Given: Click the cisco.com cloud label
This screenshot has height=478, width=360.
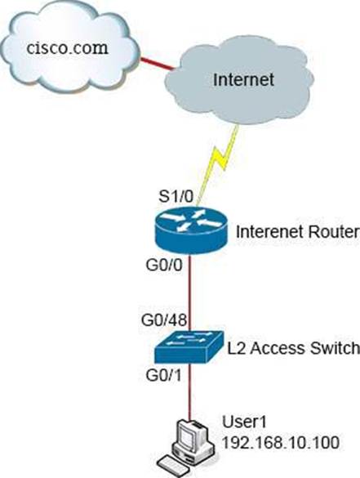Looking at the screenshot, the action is (67, 48).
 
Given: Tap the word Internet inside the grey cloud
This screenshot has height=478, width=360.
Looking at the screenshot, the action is (243, 79).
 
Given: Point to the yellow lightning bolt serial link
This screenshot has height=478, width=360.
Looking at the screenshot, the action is (219, 163).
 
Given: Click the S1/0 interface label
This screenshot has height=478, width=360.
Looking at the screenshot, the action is (176, 197).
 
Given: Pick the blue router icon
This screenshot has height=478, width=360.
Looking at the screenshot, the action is (191, 230).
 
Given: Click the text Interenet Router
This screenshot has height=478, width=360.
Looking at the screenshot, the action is (298, 232).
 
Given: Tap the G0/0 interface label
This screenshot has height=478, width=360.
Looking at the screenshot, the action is (164, 265).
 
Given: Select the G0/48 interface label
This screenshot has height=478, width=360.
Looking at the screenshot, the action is (164, 320).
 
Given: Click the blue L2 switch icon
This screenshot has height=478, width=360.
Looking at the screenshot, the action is (189, 347).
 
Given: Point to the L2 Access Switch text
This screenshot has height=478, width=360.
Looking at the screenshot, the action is (294, 348).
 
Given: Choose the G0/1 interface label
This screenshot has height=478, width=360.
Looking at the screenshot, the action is (163, 375).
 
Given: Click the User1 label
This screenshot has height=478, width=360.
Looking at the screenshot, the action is (245, 422).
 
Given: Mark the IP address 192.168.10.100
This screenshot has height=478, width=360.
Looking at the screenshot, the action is (281, 442).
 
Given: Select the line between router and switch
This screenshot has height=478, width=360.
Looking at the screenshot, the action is (190, 293).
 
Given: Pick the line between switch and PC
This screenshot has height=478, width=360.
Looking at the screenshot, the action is (190, 391).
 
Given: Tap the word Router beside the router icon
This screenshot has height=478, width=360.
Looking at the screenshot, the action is (334, 232).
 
